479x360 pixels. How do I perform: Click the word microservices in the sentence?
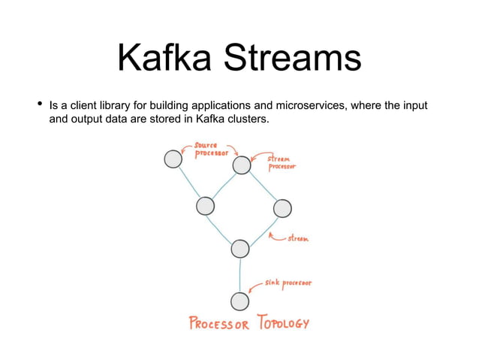coord(306,105)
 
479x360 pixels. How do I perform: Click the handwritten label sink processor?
coord(288,284)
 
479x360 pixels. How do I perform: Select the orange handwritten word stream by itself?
coord(297,239)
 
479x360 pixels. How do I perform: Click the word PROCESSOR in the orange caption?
coord(219,324)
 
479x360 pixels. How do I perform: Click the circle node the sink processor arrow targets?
coord(239,301)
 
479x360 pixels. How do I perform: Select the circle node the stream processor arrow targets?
coord(242,165)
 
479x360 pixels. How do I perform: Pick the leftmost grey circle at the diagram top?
coord(173,159)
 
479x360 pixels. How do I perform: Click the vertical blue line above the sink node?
coord(239,274)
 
